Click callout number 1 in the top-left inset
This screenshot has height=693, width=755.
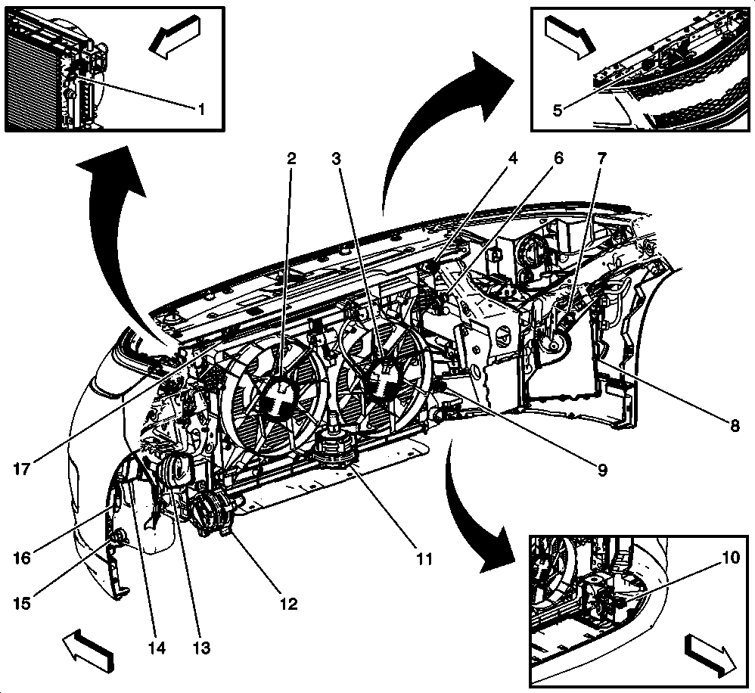tap(201, 108)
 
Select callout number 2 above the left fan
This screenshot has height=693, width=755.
tap(291, 159)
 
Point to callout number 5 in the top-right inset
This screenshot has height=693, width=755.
tap(558, 110)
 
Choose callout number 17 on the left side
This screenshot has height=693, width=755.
tap(23, 469)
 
